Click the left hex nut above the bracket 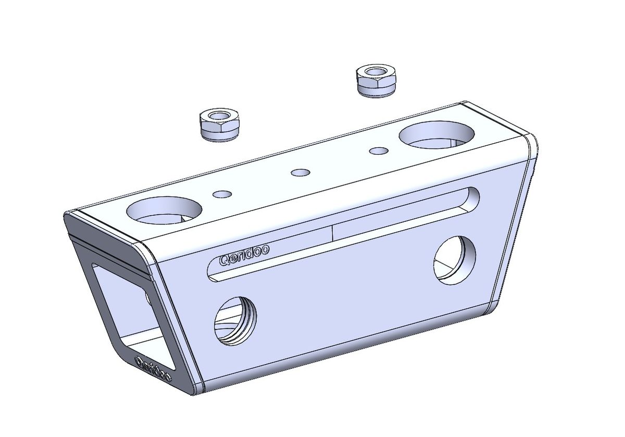tap(220, 125)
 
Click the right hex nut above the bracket tap(376, 81)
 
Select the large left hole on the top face tap(164, 210)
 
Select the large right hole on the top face tap(436, 135)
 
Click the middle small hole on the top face tap(301, 172)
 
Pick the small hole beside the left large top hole tap(222, 194)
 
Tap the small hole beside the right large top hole tap(379, 151)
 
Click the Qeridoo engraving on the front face tap(244, 255)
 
